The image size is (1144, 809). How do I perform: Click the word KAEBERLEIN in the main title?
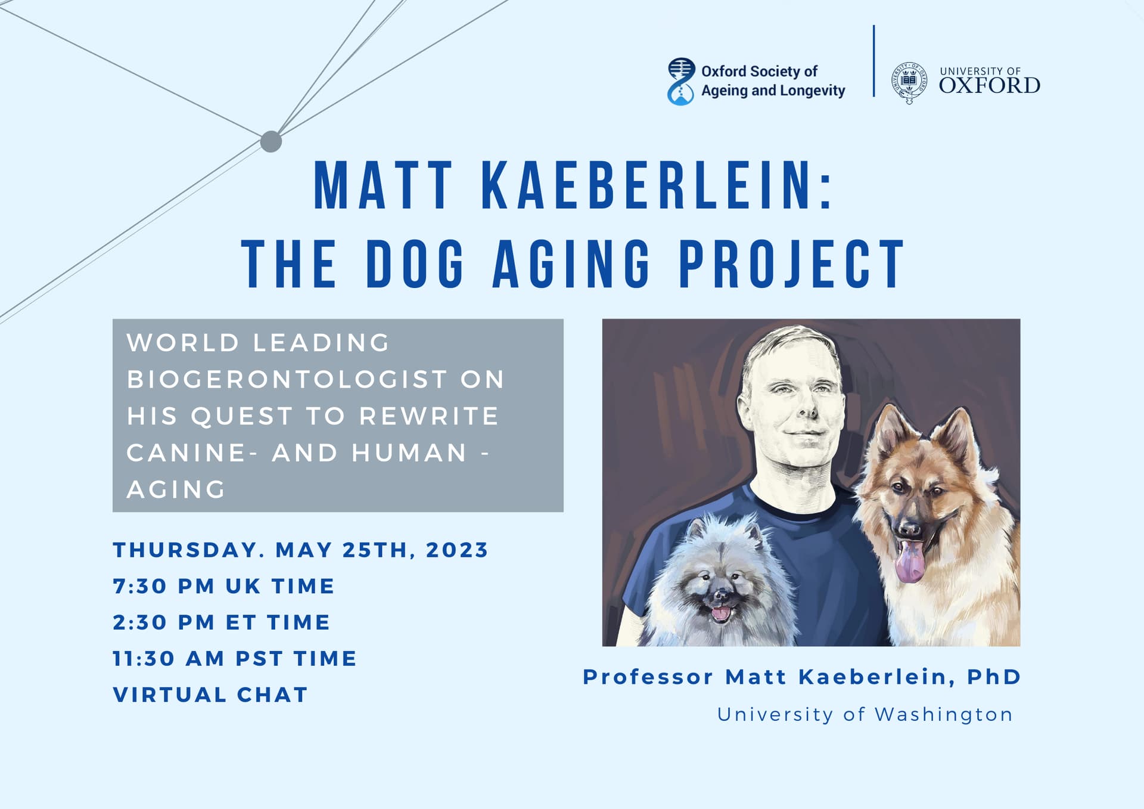click(x=656, y=185)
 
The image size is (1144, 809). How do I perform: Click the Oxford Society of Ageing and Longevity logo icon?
click(x=681, y=82)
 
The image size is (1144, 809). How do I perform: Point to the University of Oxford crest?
click(x=909, y=83)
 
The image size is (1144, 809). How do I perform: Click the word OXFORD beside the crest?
click(x=990, y=85)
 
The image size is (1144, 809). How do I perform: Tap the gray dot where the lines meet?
click(x=271, y=142)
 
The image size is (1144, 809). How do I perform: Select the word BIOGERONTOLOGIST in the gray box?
click(x=287, y=380)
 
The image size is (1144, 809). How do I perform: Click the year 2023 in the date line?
click(x=457, y=550)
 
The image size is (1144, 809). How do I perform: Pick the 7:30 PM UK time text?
click(x=223, y=586)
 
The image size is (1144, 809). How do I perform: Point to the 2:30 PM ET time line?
click(x=221, y=622)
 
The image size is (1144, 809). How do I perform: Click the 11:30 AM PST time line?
click(x=235, y=659)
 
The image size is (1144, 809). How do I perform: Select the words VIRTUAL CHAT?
click(x=210, y=695)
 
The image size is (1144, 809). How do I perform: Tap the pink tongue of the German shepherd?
click(x=910, y=562)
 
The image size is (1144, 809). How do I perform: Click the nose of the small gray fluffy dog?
click(x=720, y=595)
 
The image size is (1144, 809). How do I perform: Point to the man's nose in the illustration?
click(x=807, y=406)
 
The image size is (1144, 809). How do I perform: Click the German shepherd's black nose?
click(x=909, y=528)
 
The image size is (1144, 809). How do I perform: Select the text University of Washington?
click(x=865, y=714)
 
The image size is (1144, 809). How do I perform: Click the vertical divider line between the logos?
click(x=874, y=61)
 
